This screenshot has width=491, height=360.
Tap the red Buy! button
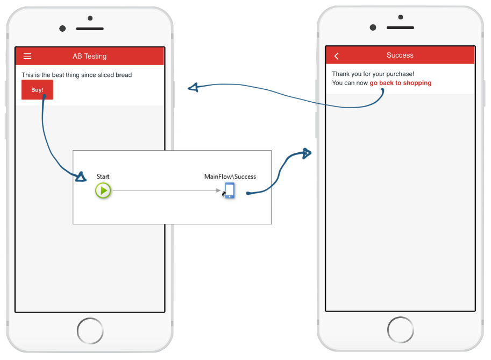tap(37, 90)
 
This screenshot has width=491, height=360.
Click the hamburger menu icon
tap(27, 56)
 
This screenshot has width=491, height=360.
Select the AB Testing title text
tap(90, 56)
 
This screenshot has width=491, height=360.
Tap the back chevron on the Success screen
tap(336, 56)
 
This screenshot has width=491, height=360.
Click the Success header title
tap(400, 55)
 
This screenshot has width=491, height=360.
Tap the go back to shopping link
tap(401, 83)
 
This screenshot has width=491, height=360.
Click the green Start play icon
tap(103, 190)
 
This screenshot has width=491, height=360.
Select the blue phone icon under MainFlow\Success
tap(230, 190)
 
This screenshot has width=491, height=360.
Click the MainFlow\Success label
tap(230, 177)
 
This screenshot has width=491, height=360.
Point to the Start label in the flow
tap(103, 177)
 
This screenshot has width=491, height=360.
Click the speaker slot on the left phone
tap(90, 29)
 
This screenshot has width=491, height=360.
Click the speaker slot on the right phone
tap(400, 28)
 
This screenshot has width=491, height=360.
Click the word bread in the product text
tap(124, 75)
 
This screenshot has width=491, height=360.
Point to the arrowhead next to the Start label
tap(81, 177)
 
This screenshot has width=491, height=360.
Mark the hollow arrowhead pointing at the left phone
tap(193, 87)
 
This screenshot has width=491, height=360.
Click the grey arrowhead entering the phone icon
tap(218, 190)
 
